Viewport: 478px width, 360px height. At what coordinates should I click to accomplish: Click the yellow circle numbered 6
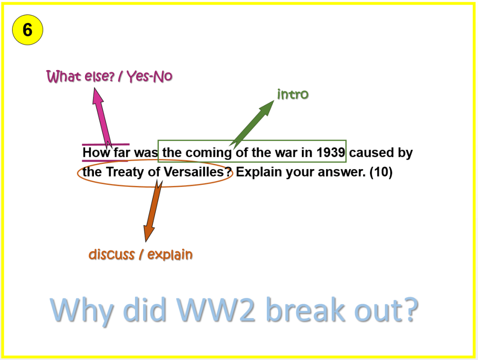(28, 30)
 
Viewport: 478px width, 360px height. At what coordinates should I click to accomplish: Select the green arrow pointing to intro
(252, 124)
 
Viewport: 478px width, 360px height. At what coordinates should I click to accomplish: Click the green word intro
(293, 94)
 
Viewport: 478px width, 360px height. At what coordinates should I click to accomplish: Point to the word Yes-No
(150, 76)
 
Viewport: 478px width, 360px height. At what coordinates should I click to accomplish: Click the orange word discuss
(112, 254)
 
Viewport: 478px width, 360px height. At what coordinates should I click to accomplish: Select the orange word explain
(170, 254)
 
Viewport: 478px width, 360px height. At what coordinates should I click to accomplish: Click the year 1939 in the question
(330, 152)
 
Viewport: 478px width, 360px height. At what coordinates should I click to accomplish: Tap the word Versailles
(198, 172)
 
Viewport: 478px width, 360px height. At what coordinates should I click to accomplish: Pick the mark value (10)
(381, 172)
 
